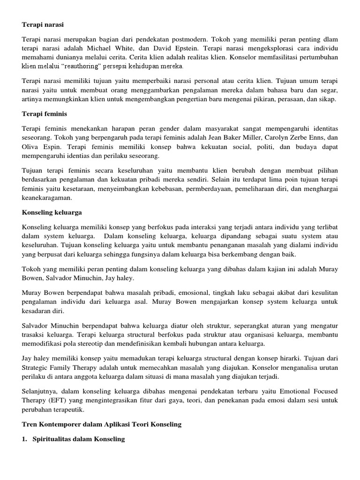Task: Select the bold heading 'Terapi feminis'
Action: coord(45,114)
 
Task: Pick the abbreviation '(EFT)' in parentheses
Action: coord(56,400)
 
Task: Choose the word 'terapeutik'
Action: coord(70,410)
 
